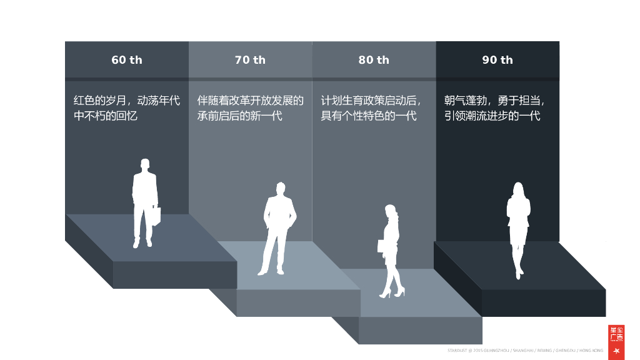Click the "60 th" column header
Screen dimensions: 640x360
pyautogui.click(x=127, y=60)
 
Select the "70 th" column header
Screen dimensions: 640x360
pyautogui.click(x=250, y=60)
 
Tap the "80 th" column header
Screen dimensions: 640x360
pyautogui.click(x=374, y=60)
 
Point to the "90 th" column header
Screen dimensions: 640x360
pyautogui.click(x=497, y=60)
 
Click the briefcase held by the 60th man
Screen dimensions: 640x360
pyautogui.click(x=156, y=216)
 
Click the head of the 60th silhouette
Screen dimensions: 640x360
pyautogui.click(x=145, y=165)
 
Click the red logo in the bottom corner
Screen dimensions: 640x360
pyautogui.click(x=616, y=342)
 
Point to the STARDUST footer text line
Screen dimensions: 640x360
pyautogui.click(x=525, y=351)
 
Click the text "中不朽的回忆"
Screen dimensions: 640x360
pyautogui.click(x=106, y=116)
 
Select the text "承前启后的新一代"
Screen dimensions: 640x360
pyautogui.click(x=240, y=116)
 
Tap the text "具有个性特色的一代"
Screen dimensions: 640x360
pyautogui.click(x=369, y=116)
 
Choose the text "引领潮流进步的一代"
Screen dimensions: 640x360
pyautogui.click(x=492, y=116)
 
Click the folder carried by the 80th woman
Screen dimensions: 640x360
pyautogui.click(x=381, y=245)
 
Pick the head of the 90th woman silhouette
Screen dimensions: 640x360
pyautogui.click(x=518, y=188)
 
